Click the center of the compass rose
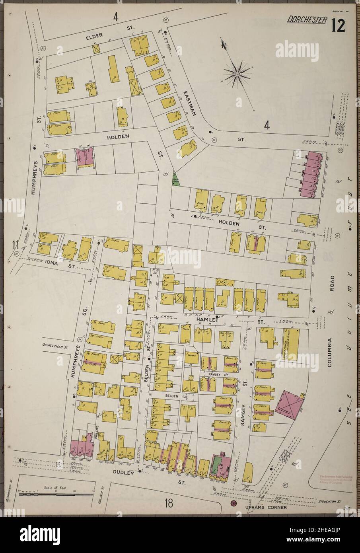(237, 74)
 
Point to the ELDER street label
(93, 38)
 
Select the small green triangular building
(175, 182)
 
